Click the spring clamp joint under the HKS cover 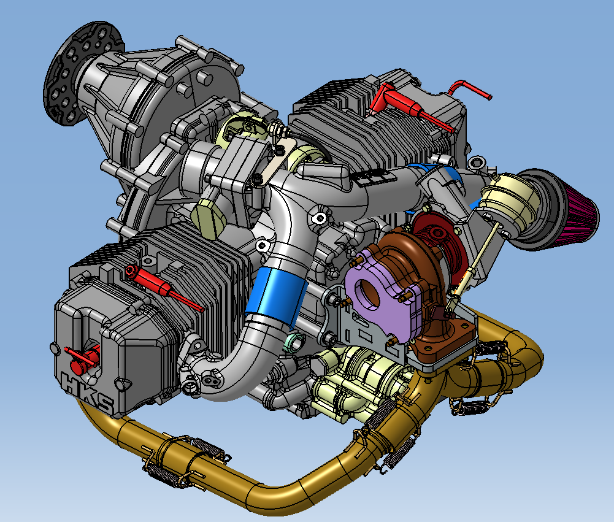184,460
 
